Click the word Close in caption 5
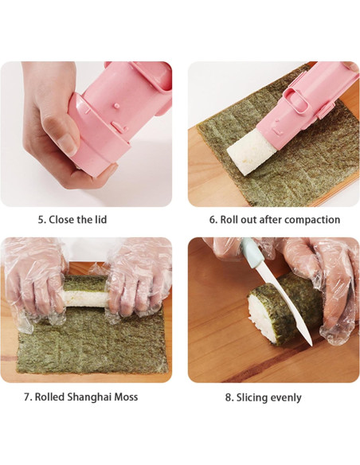pos(60,220)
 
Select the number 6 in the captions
pos(213,220)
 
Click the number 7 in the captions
pos(26,397)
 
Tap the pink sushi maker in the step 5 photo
pos(119,115)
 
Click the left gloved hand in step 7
pos(36,279)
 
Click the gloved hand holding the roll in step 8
pos(327,279)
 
